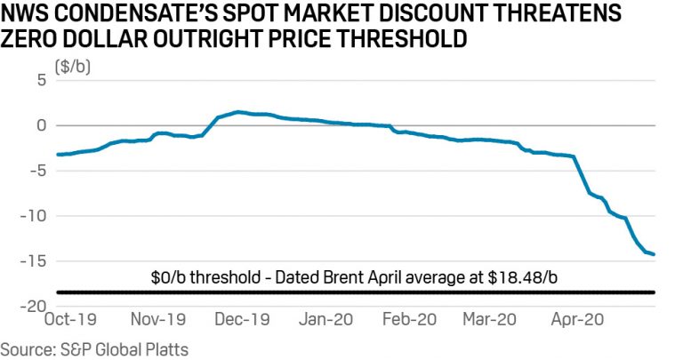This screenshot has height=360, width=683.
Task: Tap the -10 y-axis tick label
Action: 34,216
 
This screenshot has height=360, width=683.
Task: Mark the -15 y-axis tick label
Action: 34,261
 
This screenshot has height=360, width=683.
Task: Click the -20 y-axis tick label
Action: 34,307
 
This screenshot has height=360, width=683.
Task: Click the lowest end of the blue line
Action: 655,254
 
